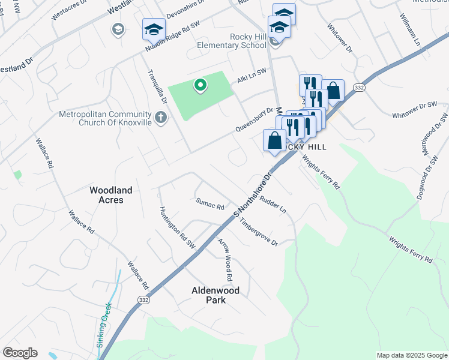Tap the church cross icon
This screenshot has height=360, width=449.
pos(160,118)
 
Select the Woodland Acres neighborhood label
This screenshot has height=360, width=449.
pos(110,194)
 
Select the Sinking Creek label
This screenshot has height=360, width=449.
pos(104,326)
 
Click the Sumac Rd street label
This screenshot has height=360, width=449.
pos(209,203)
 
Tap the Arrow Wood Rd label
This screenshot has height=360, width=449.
pos(225,260)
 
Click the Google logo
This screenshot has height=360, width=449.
pos(20,353)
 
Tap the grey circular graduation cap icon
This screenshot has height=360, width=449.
pos(118,29)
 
